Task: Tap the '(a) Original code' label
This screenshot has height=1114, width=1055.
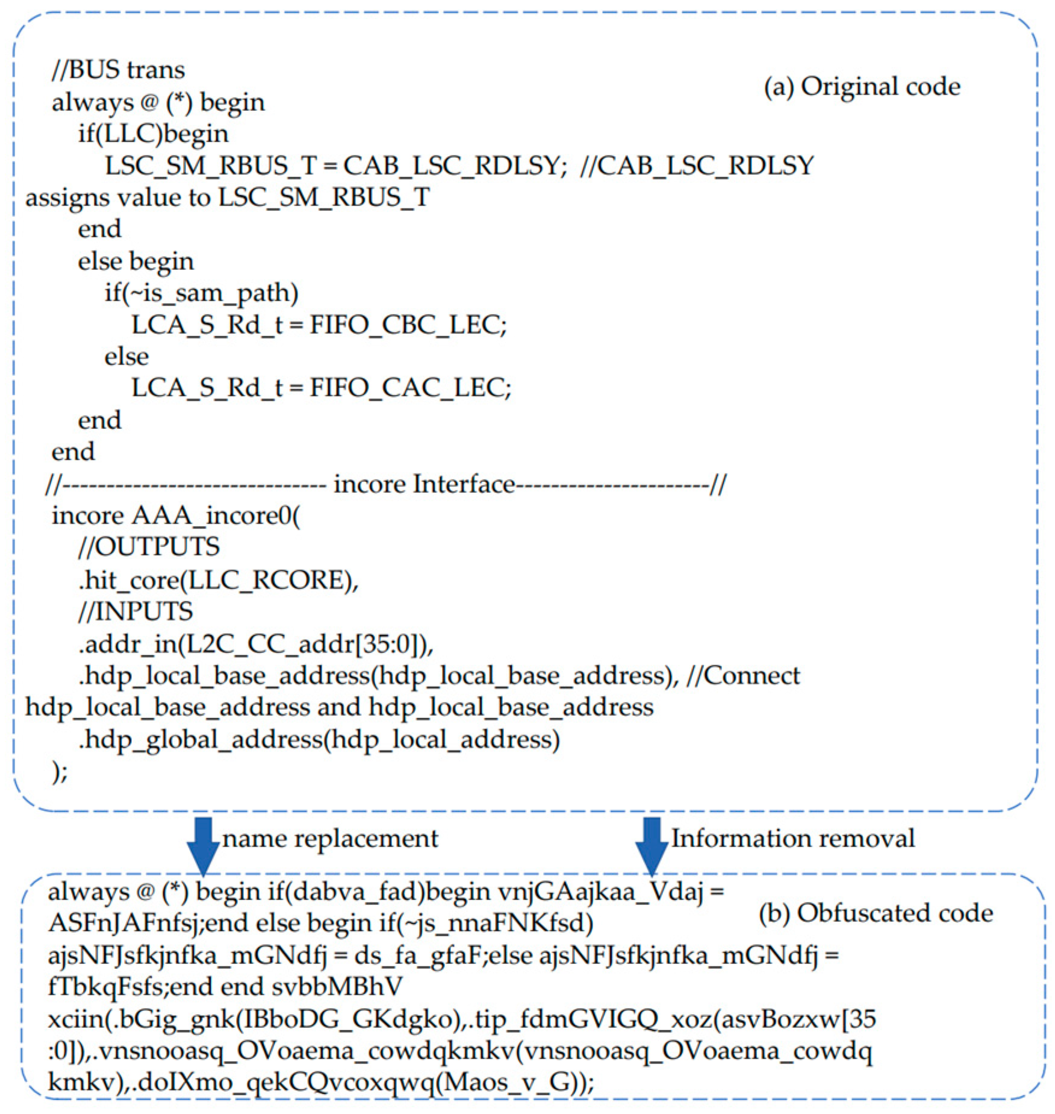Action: (862, 87)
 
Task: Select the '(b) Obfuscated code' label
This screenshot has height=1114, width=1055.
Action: (876, 913)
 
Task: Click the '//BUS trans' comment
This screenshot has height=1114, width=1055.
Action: (119, 70)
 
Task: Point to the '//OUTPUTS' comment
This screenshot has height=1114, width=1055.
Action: (149, 547)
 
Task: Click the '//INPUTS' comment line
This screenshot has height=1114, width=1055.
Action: (135, 612)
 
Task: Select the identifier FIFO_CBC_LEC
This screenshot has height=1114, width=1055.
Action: (408, 325)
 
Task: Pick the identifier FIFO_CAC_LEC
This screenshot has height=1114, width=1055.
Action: (410, 388)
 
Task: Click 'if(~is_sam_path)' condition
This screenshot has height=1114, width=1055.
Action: (201, 293)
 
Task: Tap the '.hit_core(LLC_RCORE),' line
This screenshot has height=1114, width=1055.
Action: (218, 580)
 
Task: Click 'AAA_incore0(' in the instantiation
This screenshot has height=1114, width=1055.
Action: (216, 516)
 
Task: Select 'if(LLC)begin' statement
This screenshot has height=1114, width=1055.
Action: (153, 134)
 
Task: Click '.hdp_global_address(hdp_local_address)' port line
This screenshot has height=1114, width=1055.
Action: (319, 739)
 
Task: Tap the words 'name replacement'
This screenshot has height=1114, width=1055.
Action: (330, 839)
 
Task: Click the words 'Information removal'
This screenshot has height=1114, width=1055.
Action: (792, 839)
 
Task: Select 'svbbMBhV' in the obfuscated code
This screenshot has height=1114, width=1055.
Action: (337, 987)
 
